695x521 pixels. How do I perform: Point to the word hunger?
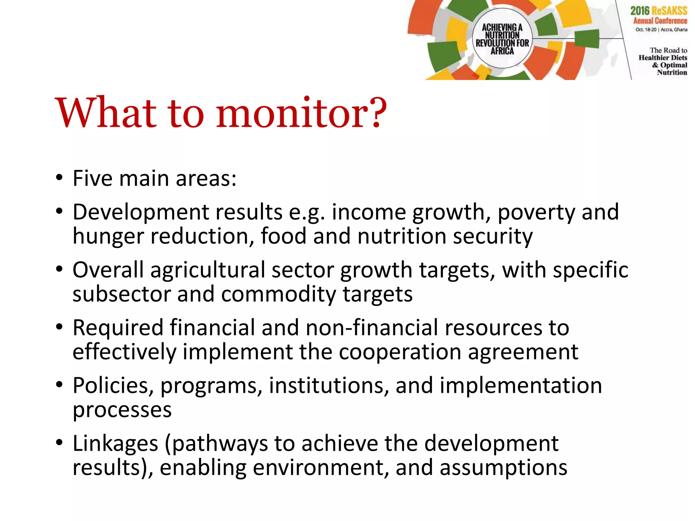[108, 237]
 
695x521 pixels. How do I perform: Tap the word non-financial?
[372, 328]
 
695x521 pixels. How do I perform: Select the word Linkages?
[115, 444]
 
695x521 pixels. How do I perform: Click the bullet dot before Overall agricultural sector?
[60, 270]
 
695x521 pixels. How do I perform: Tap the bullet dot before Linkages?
[60, 443]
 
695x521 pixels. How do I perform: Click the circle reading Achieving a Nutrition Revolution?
[502, 38]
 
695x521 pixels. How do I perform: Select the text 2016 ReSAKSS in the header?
[659, 11]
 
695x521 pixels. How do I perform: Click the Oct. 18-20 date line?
[661, 30]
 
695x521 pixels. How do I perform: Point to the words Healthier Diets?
[663, 58]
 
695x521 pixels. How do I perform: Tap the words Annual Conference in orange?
[660, 21]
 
